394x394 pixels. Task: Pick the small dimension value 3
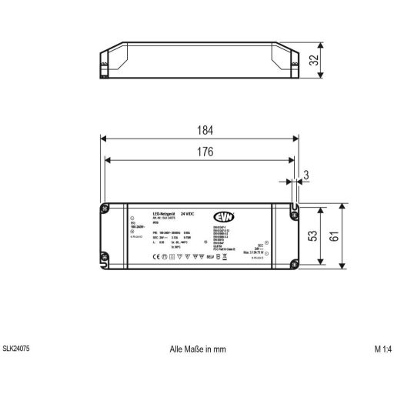306,177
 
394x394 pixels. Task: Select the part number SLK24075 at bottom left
18,349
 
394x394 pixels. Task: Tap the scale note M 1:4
382,349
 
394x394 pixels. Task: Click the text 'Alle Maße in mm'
198,349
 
